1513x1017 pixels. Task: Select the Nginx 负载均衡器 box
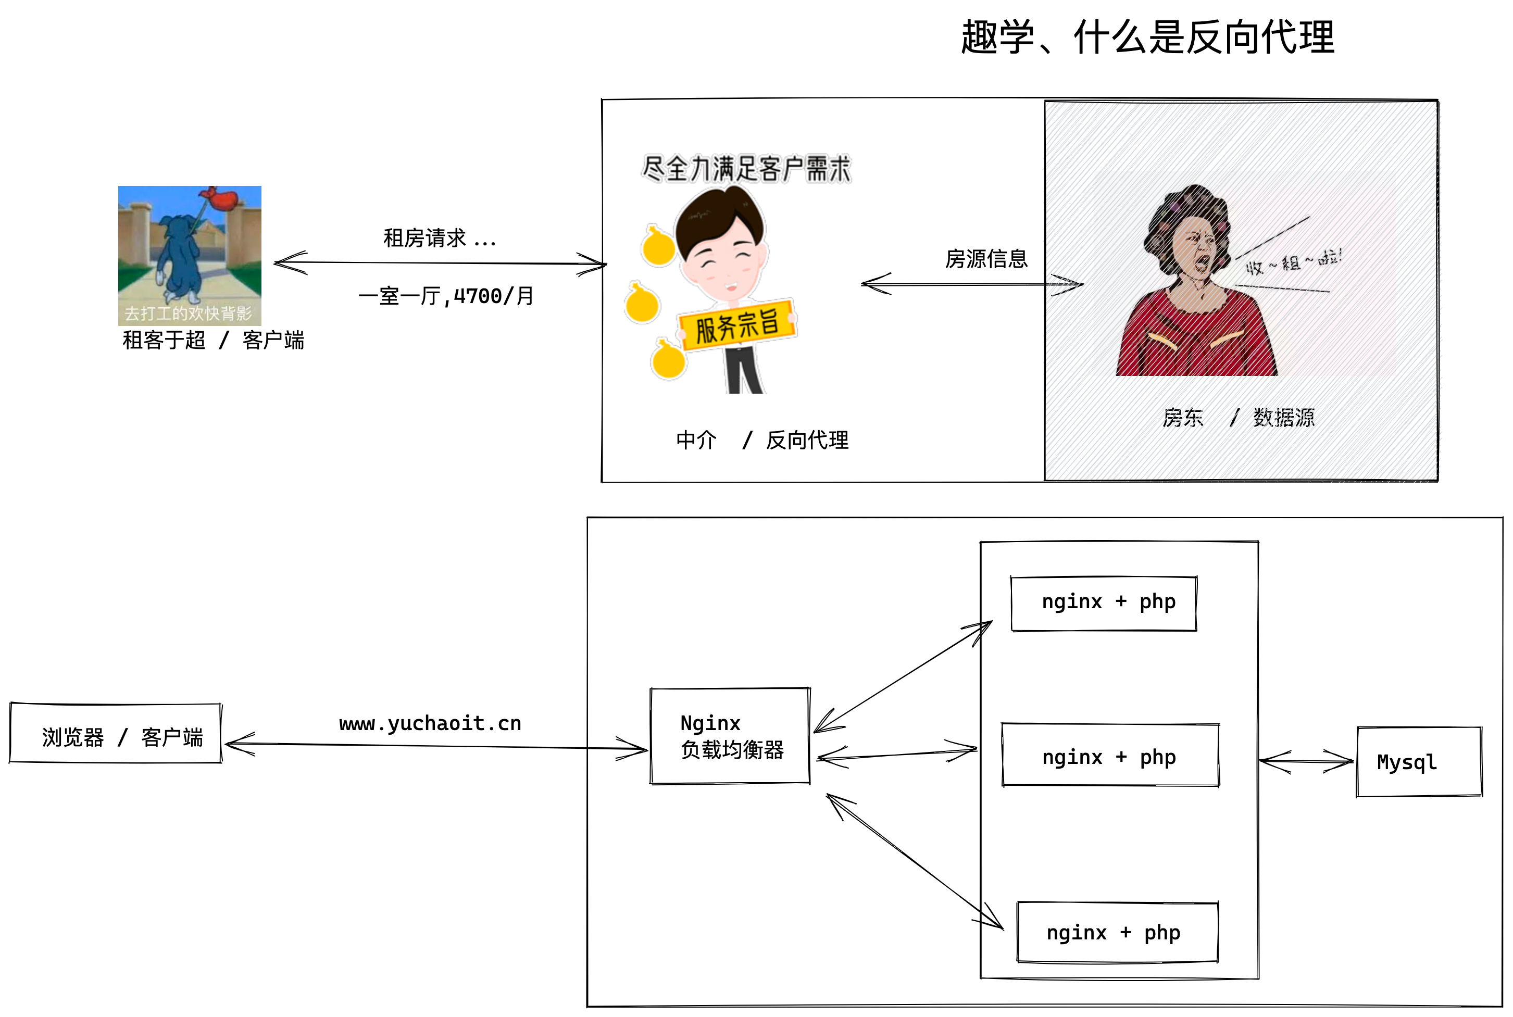tap(730, 736)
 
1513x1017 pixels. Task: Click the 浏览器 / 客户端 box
tap(116, 734)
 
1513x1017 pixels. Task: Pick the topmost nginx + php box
tap(1103, 602)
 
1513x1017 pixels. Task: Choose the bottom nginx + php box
tap(1117, 933)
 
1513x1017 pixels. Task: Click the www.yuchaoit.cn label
tap(430, 723)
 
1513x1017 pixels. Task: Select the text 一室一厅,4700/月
tap(446, 296)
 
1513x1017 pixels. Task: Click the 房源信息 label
tap(986, 259)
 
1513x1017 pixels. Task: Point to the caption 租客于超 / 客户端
tap(212, 340)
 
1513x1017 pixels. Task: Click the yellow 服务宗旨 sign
tap(737, 325)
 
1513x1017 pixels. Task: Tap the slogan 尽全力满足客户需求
tap(746, 169)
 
